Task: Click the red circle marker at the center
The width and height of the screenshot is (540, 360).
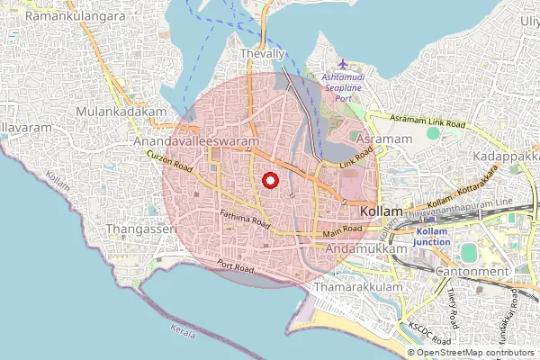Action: click(x=269, y=181)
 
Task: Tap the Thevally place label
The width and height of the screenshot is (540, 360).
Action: click(x=262, y=55)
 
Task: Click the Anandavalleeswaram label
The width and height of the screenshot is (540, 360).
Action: click(x=195, y=142)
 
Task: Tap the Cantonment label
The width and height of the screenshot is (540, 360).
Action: click(x=472, y=271)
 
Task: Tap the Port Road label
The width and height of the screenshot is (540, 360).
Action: click(x=237, y=267)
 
